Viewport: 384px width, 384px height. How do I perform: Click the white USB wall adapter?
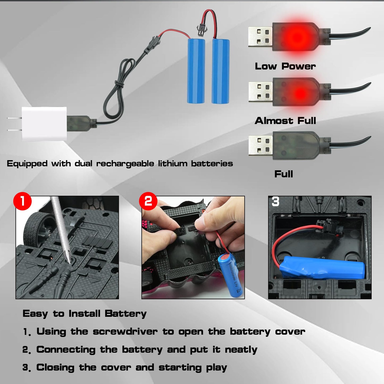pyautogui.click(x=44, y=124)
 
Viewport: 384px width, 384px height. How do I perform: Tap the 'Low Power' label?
pyautogui.click(x=285, y=66)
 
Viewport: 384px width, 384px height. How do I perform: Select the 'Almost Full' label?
pyautogui.click(x=285, y=121)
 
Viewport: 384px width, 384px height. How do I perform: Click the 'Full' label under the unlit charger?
pyautogui.click(x=284, y=174)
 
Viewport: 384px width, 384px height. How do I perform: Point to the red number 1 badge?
pyautogui.click(x=23, y=201)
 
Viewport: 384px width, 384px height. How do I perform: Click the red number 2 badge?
pyautogui.click(x=148, y=201)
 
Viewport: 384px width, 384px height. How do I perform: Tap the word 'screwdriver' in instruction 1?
pyautogui.click(x=125, y=332)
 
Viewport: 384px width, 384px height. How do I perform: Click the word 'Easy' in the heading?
pyautogui.click(x=35, y=314)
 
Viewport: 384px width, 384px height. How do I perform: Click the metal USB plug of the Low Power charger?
pyautogui.click(x=260, y=37)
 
